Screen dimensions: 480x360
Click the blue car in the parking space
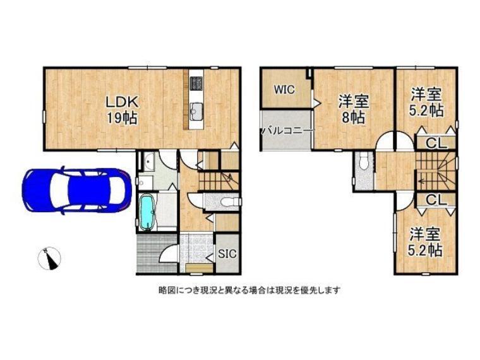coord(77,190)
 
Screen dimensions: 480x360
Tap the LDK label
coord(123,102)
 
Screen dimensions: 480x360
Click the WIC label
coord(284,90)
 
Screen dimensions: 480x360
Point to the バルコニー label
coord(287,131)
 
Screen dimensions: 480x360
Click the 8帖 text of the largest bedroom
coord(353,117)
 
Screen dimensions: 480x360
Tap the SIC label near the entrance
coord(227,253)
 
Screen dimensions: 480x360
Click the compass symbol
coord(49,259)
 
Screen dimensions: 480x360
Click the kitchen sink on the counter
coord(196,111)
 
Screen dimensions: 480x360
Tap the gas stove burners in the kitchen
coord(196,83)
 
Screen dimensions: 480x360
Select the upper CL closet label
coord(436,143)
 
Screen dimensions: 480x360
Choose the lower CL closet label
coord(436,200)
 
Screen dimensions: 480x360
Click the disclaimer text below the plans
coord(249,290)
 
